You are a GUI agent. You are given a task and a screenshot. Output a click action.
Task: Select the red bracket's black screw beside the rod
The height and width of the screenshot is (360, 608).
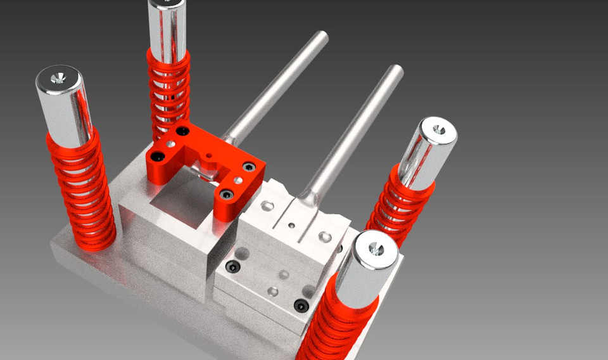[x=249, y=167]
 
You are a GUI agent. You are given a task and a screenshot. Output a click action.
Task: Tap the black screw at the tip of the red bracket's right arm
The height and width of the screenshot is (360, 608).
[x=226, y=194]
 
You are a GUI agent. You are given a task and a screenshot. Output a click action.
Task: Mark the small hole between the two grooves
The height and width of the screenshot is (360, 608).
[x=291, y=224]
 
